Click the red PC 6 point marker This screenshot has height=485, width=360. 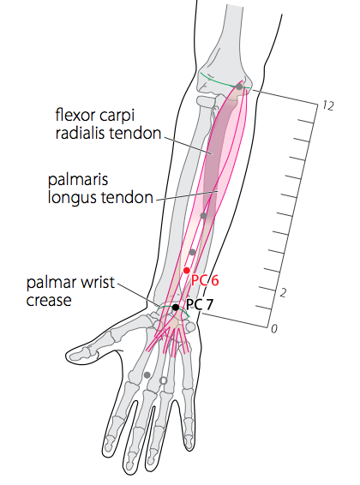(x=187, y=271)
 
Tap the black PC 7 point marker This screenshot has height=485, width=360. (x=176, y=307)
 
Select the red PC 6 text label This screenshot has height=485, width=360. (x=205, y=280)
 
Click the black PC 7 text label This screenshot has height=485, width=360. (x=200, y=305)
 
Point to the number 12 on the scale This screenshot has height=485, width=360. (x=327, y=106)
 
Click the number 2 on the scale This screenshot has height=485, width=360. (x=283, y=293)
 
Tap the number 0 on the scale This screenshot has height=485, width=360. (x=274, y=329)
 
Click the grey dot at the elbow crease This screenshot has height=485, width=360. (x=239, y=87)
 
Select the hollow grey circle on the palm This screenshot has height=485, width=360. (x=164, y=380)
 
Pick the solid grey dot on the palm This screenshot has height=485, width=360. (x=147, y=375)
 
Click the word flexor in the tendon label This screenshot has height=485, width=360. (x=74, y=115)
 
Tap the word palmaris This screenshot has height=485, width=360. (x=78, y=180)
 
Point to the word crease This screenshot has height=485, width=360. (x=49, y=301)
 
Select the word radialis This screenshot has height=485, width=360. (x=80, y=134)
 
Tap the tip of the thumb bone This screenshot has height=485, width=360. (x=68, y=355)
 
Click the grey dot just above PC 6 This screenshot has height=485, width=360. (x=192, y=252)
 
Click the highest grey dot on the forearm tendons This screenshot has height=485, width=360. (x=203, y=216)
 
